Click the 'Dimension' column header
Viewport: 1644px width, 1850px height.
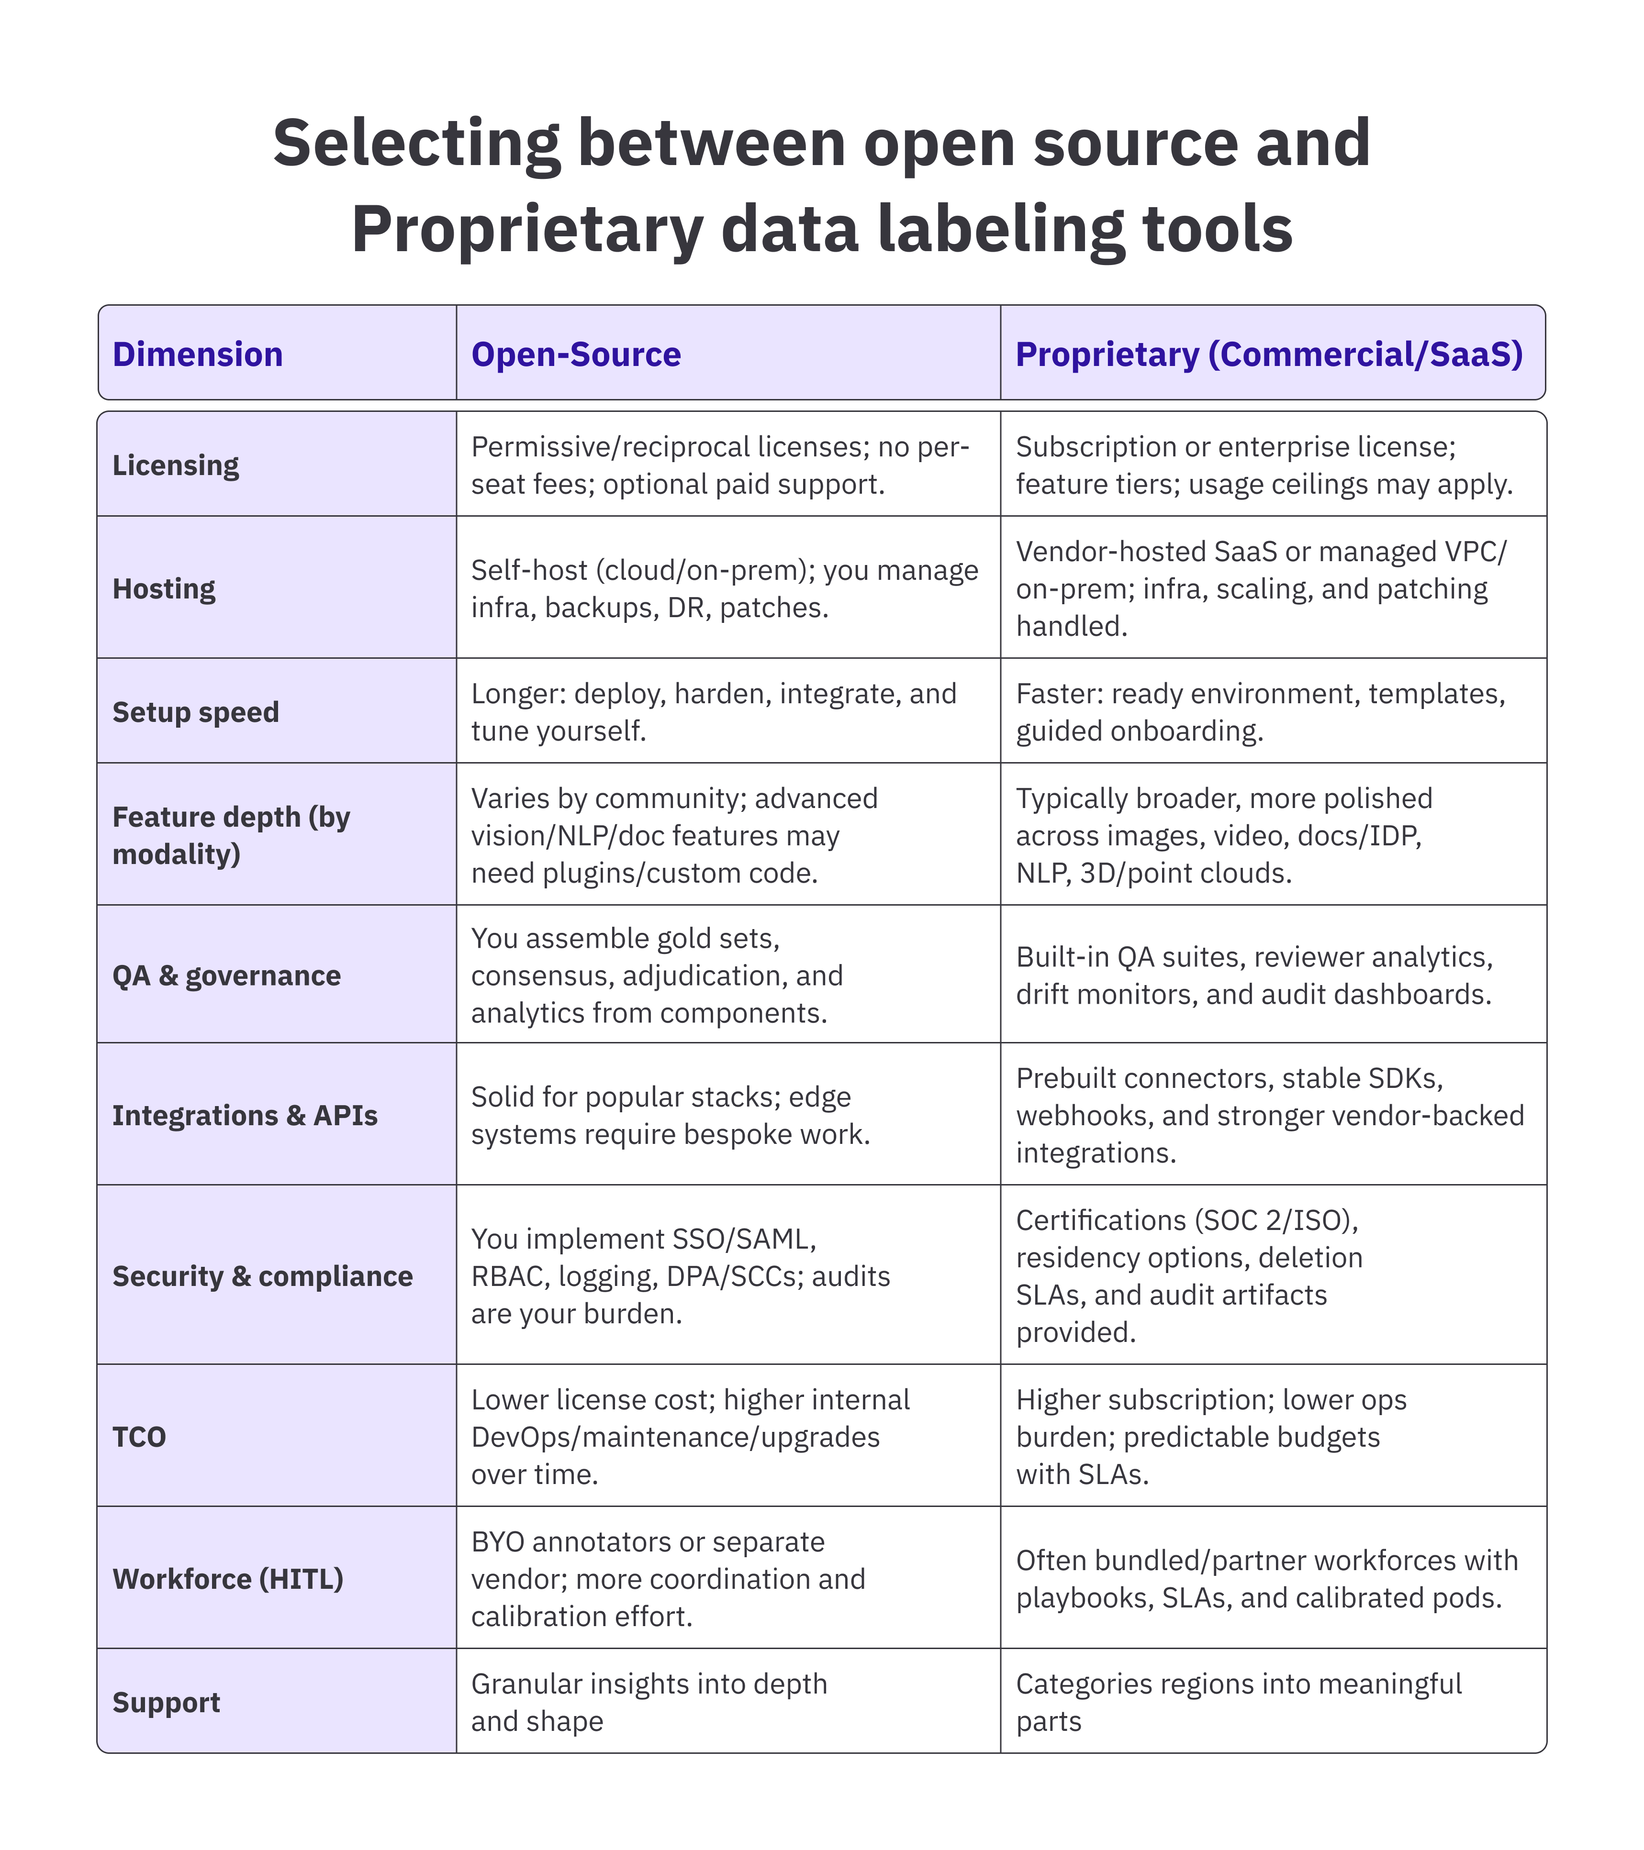[x=197, y=354]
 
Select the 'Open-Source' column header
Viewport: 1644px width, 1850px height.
[x=576, y=354]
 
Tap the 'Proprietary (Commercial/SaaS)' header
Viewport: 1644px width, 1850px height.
[x=1269, y=354]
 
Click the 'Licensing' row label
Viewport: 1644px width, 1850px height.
[x=176, y=465]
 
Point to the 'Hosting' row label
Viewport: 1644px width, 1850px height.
[x=164, y=588]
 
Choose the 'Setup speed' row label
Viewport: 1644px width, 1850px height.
[x=196, y=711]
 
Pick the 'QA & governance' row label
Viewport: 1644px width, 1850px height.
[x=226, y=975]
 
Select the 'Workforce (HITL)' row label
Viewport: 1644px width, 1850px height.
[x=228, y=1578]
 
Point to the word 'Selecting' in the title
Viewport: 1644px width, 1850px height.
[x=416, y=143]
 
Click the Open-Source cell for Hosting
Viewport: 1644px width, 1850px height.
[x=724, y=588]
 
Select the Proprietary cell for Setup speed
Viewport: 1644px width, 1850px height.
[x=1260, y=711]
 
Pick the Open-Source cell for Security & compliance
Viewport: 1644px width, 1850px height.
[x=681, y=1275]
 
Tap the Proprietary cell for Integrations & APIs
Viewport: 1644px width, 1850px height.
[x=1269, y=1115]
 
